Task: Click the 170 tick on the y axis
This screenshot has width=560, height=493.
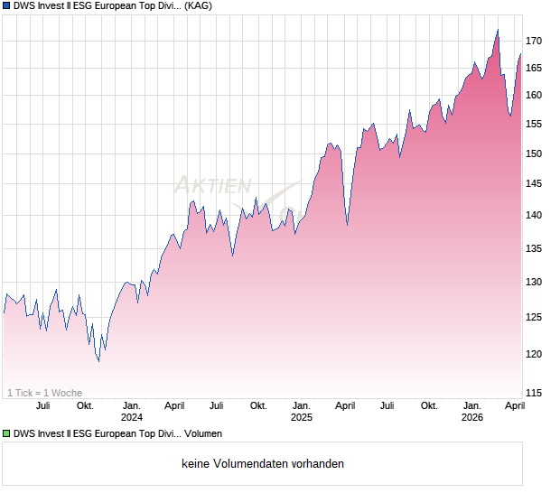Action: tap(535, 41)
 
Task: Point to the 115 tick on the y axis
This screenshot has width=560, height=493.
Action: tap(535, 393)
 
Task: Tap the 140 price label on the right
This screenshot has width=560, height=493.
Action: tap(535, 215)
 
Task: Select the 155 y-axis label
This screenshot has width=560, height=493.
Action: tap(535, 125)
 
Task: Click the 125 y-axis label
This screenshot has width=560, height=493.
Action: tap(535, 316)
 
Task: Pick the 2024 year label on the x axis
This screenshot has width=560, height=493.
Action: tap(132, 417)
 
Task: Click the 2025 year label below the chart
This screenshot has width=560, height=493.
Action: tap(301, 417)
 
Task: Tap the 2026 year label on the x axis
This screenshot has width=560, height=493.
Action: tap(471, 417)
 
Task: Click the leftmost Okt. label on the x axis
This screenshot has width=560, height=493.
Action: tap(85, 405)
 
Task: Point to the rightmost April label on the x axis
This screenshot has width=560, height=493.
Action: tap(514, 405)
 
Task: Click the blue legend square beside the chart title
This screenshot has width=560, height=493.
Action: tap(6, 6)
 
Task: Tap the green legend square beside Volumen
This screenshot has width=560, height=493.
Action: tap(6, 434)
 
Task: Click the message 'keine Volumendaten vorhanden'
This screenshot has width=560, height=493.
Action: tap(263, 464)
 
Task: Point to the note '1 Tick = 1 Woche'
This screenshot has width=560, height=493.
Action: tap(44, 393)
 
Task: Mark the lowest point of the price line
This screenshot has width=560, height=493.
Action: tap(98, 362)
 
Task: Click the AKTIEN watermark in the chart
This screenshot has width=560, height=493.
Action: tap(213, 186)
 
